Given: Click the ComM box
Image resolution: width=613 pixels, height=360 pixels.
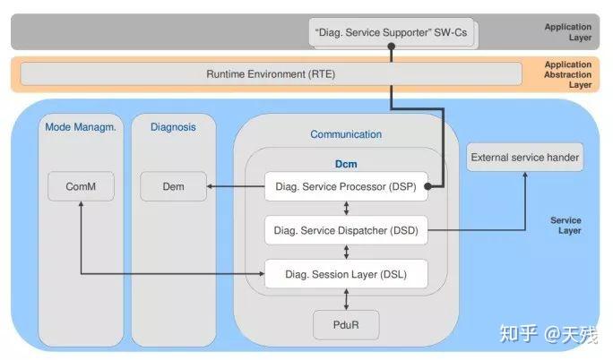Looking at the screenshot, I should coord(81,186).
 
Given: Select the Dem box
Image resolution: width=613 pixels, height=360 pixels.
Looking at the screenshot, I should coord(174,186).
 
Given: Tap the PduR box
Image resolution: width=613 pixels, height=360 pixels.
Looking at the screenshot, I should coord(345,323).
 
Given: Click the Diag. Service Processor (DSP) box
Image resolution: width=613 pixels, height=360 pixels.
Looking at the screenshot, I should coord(345,186).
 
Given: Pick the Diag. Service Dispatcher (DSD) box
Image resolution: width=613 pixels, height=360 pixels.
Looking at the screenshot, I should coord(345,230).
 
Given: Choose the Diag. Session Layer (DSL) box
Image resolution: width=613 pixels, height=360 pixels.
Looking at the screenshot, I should coord(345,274).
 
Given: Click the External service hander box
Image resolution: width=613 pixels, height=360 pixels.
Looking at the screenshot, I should coord(525,159).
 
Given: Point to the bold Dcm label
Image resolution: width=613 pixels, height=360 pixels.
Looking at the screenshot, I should coord(345,164).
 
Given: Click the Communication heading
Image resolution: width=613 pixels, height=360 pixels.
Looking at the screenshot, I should coord(345,134).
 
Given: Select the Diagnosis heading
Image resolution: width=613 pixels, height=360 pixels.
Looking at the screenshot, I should coord(173,127).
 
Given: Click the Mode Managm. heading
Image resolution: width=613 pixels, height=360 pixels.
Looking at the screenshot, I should coord(81,127).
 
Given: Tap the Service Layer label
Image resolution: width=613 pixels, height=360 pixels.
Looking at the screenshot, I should coord(566,226).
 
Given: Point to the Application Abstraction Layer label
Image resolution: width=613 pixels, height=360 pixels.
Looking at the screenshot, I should coord(568,74).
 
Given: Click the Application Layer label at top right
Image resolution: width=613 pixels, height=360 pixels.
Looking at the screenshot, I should coord(568,33).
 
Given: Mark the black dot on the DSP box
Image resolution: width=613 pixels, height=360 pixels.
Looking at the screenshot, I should coord(429,186).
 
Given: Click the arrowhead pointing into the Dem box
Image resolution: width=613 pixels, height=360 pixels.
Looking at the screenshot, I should coord(211,186).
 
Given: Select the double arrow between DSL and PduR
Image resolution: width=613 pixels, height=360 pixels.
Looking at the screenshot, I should coord(345,299).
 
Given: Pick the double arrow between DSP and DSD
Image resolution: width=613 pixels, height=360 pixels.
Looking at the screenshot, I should coord(345,209).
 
